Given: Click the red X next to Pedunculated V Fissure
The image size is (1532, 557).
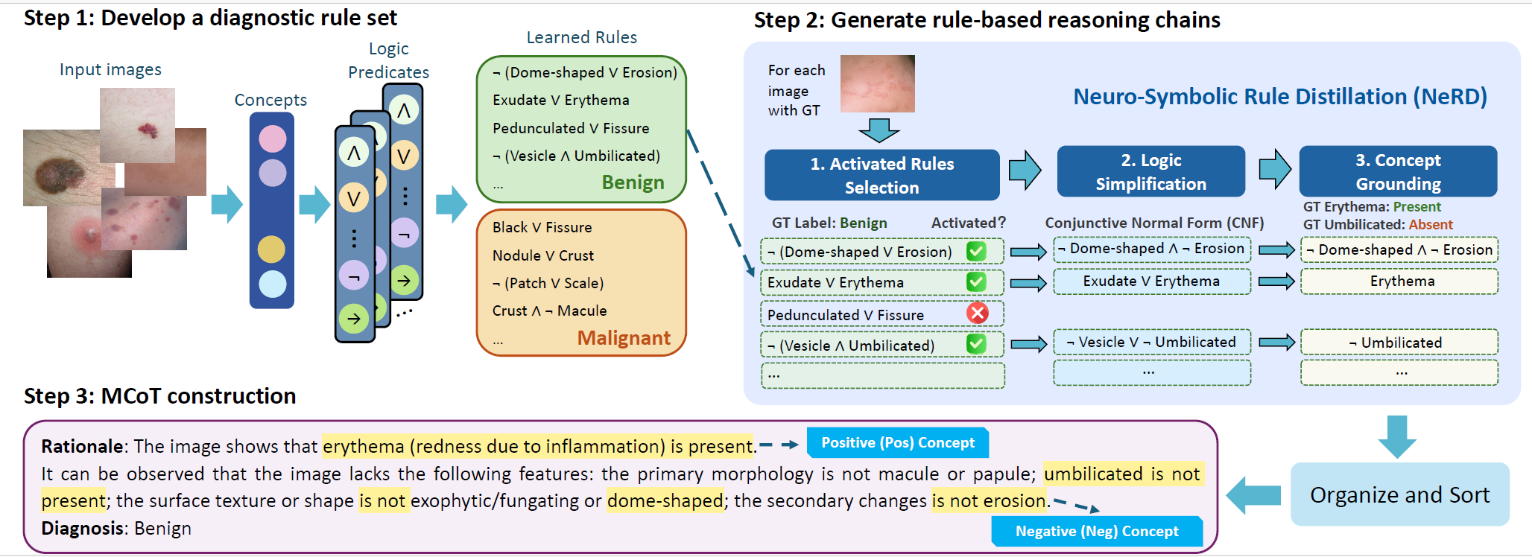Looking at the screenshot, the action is point(977,313).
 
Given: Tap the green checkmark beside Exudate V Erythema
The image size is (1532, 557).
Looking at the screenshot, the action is point(976,281).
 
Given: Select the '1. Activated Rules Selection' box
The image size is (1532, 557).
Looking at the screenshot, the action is point(882,175).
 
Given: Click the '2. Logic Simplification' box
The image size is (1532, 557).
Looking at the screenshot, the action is point(1150,172).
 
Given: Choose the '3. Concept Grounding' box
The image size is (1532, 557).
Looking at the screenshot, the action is point(1398,171).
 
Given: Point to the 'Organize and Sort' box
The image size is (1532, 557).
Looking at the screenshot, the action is point(1399,494).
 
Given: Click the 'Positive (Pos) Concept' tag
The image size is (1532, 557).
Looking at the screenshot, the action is point(898,442).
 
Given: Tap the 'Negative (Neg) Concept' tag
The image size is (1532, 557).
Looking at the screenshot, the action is point(1097,531).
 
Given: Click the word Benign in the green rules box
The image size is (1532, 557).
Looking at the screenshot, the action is point(633,182).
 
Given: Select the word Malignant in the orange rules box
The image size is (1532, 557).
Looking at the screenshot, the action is point(624,338).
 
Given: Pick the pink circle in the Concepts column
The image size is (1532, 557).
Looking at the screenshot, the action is point(272,139).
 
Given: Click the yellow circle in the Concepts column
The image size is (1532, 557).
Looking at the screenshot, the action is point(271,249).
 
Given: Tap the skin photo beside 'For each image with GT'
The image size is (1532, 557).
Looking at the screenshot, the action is point(877,83).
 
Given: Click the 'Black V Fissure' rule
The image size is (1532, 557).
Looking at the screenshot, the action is point(542,227).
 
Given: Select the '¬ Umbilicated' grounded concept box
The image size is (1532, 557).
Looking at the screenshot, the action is point(1399,343).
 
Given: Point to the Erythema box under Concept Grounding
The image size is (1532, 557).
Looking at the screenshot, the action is point(1399,281).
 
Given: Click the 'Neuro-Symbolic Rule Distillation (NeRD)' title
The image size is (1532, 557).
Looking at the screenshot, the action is point(1279,97).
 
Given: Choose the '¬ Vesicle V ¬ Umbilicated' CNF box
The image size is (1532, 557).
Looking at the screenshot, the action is point(1152,342).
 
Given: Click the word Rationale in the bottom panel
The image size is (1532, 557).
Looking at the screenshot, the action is point(82,446).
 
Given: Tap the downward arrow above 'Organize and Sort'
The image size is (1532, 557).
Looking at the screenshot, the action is point(1397,436).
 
